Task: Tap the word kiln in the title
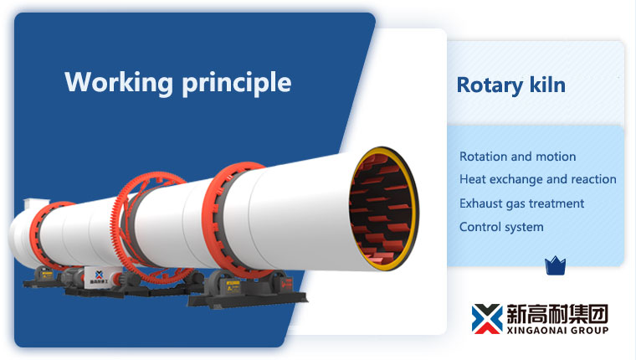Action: [x=546, y=85]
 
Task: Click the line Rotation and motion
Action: [x=517, y=157]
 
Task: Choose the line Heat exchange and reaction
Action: [x=537, y=179]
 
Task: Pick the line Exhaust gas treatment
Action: [x=521, y=203]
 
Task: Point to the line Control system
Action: [x=501, y=227]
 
